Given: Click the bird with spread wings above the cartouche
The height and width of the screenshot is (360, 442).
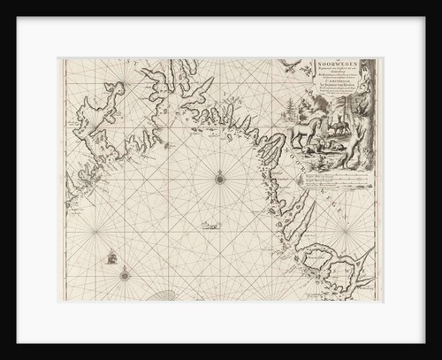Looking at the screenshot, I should coord(289,64).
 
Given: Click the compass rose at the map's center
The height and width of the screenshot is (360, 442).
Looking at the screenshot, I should coord(219,180).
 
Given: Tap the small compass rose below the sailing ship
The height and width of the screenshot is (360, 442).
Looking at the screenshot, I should coord(125,274).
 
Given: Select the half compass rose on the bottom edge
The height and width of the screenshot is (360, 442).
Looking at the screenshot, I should coord(163,296).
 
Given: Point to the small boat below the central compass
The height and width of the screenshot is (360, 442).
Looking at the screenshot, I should coord(210,226).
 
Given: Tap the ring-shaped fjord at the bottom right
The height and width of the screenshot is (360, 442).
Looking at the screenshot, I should coord(318,262).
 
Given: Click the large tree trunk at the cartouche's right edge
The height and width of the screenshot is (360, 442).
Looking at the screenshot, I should coord(365,115).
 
